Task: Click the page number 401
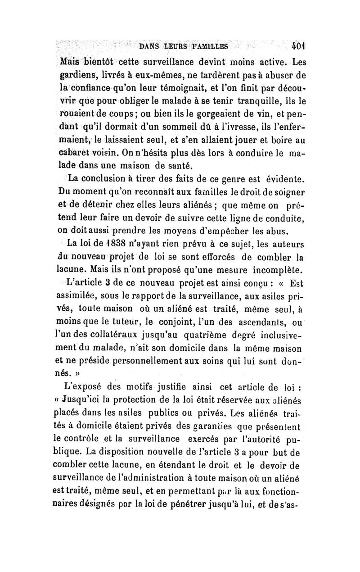click(298, 46)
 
